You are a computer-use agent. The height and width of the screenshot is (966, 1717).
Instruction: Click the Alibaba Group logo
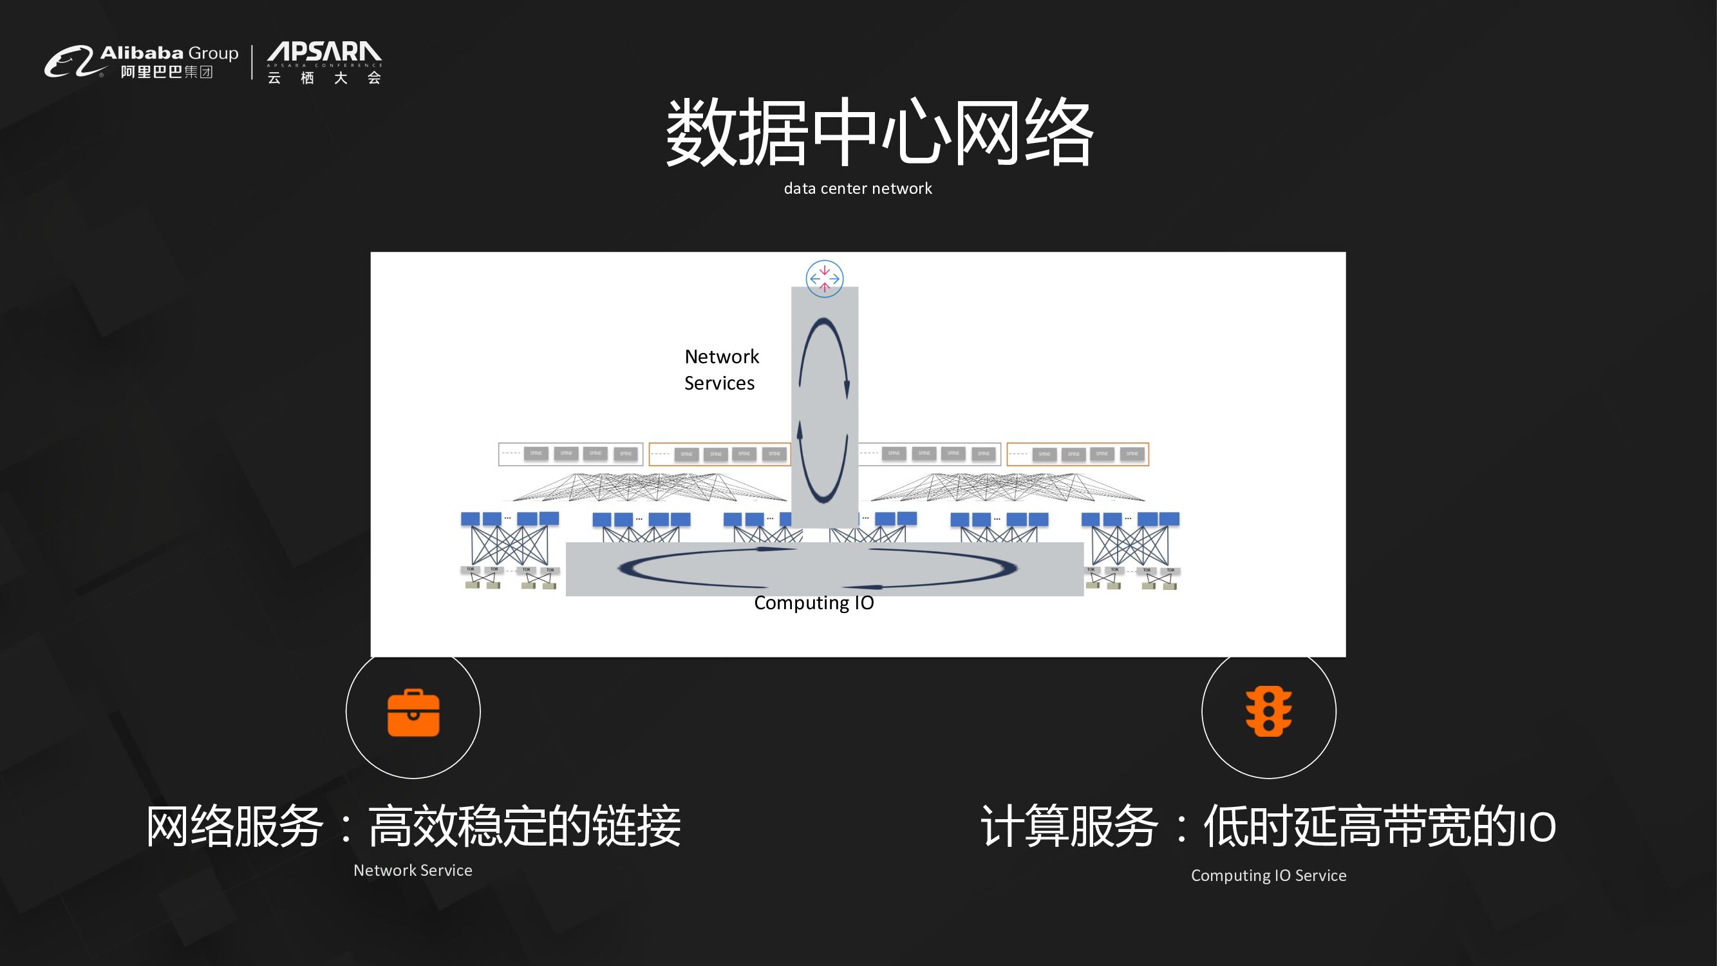[140, 62]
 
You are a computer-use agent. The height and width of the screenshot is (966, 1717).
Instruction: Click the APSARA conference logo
[324, 62]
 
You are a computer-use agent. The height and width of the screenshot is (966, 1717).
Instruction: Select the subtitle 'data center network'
[858, 189]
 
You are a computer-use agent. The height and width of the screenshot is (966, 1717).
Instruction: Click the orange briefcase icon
[413, 713]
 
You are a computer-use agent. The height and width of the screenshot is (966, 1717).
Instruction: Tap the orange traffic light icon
[1268, 712]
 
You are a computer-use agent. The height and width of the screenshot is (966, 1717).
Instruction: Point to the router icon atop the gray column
[825, 279]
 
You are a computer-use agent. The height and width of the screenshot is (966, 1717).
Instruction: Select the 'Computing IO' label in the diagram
[814, 603]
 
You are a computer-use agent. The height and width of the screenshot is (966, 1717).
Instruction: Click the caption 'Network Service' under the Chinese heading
[413, 870]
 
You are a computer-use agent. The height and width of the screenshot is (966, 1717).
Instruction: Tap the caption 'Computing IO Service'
[1268, 875]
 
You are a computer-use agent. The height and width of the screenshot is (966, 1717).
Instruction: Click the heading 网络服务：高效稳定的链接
[413, 826]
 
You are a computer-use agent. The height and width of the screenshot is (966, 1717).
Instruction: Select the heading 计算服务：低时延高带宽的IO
[1268, 826]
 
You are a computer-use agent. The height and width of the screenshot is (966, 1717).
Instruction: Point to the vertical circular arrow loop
[824, 410]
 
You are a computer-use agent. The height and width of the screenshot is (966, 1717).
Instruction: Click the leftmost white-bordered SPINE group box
[570, 454]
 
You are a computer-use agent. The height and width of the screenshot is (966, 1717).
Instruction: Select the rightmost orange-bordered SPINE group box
[1078, 454]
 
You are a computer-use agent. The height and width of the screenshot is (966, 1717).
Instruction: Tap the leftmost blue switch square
[470, 518]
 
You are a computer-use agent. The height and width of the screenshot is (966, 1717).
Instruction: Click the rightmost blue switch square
[1170, 518]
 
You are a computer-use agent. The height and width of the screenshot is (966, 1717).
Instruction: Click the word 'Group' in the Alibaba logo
[213, 53]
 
